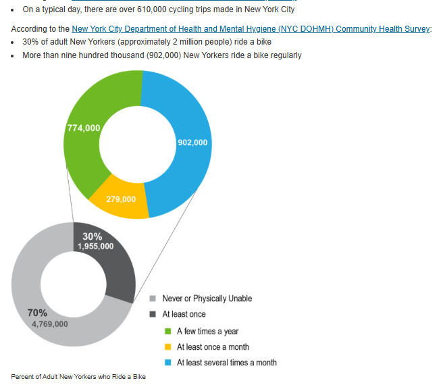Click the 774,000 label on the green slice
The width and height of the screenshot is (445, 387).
(84, 128)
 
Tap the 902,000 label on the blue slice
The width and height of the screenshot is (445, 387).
(192, 143)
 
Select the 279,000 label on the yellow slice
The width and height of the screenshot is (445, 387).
(121, 199)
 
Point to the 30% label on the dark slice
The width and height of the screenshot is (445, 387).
(92, 236)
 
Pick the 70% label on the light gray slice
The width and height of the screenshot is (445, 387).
(37, 313)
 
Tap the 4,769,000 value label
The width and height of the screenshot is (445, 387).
(49, 324)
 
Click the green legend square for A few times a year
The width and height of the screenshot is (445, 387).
(167, 332)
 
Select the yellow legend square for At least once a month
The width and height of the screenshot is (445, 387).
(167, 347)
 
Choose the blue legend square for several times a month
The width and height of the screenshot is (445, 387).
(167, 363)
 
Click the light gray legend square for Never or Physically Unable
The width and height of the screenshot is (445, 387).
(153, 299)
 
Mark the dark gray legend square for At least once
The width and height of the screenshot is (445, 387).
(153, 314)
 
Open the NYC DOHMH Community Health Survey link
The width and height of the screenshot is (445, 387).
(251, 30)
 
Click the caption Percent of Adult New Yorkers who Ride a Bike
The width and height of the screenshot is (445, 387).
(78, 376)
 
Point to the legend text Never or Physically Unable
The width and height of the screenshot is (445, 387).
(207, 299)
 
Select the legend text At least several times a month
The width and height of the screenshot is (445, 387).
(226, 363)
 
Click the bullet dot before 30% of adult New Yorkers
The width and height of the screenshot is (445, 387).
(14, 43)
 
